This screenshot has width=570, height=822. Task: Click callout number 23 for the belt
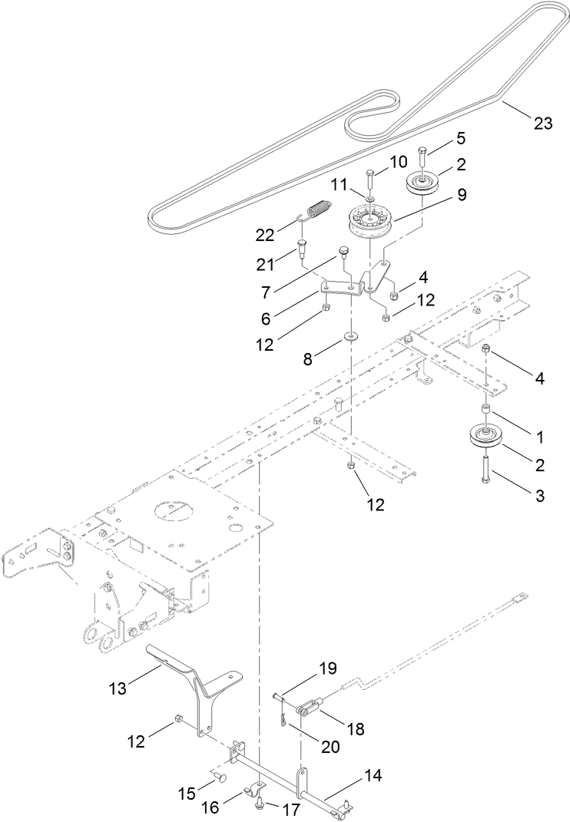(542, 124)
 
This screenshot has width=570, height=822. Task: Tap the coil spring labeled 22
(317, 210)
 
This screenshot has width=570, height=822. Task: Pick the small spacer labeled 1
(486, 409)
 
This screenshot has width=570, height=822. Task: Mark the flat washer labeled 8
(350, 335)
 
